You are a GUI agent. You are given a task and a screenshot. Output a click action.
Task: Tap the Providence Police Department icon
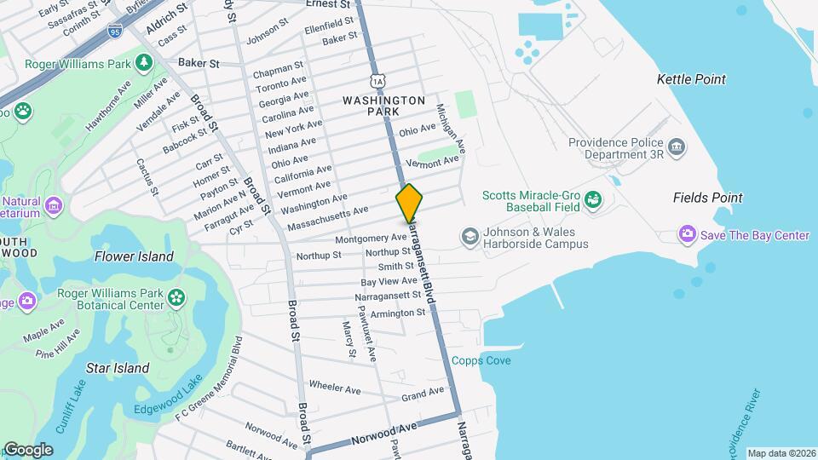click(x=677, y=147)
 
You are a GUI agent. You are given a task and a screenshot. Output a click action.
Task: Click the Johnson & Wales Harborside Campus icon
click(x=469, y=234)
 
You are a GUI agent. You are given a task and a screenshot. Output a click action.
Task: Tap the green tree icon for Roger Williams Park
click(x=145, y=63)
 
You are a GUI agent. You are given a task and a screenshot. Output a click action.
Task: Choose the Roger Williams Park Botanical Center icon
click(x=176, y=297)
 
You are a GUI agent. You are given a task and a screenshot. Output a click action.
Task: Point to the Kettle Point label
click(x=691, y=79)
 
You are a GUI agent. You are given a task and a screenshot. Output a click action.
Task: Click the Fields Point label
click(x=707, y=198)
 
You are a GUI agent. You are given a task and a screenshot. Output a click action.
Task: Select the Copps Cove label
click(x=481, y=361)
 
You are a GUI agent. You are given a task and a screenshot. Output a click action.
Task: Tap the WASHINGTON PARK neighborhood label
click(x=383, y=106)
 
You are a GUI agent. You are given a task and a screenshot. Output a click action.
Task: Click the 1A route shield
click(x=377, y=81)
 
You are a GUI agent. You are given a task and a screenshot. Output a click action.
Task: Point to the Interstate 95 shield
click(x=114, y=32)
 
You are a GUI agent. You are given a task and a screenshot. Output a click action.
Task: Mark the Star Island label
click(x=118, y=369)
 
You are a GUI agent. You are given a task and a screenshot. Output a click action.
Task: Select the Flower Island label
click(x=134, y=256)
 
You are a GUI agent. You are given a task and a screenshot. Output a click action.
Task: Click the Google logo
click(x=27, y=450)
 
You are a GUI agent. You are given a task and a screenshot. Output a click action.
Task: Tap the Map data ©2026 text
click(x=781, y=453)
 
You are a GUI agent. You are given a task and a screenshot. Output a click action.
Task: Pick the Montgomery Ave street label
click(x=372, y=239)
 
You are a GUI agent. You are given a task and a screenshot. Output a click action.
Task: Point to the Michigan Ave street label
click(x=451, y=128)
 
